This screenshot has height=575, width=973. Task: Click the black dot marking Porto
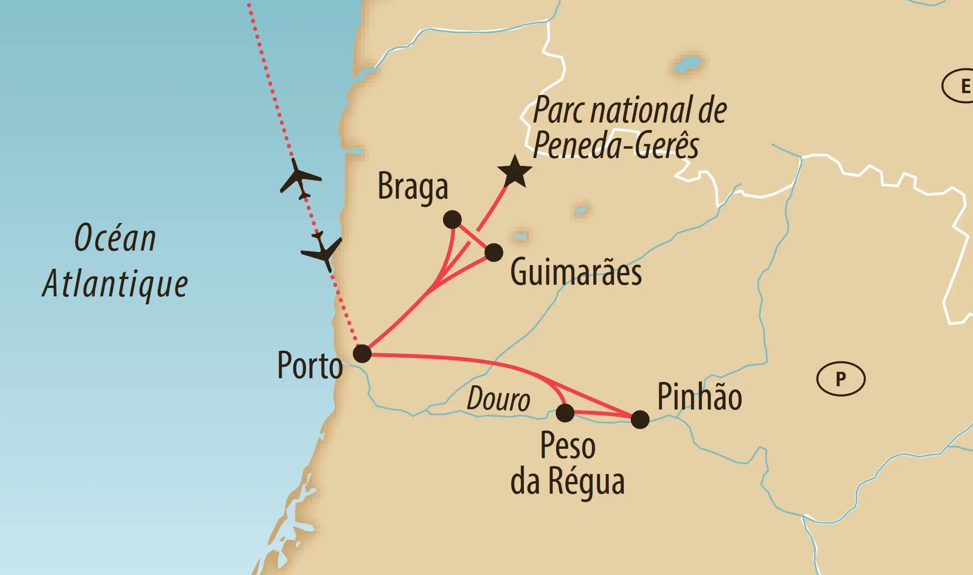[x=362, y=353]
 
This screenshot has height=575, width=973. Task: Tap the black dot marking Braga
[x=452, y=219]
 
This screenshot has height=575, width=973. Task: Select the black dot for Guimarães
[x=494, y=252]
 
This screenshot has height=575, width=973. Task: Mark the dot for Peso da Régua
[x=565, y=413]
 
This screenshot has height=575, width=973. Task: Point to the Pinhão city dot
[x=640, y=419]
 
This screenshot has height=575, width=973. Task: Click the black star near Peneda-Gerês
[x=515, y=172]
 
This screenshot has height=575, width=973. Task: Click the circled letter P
[x=840, y=379]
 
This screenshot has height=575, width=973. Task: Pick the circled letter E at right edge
[x=962, y=86]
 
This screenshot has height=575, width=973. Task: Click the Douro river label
[x=498, y=400]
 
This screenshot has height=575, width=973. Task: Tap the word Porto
[x=310, y=366]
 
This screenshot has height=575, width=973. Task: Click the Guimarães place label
[x=576, y=273]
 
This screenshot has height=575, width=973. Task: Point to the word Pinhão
[x=699, y=397]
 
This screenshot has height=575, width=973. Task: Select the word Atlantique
[x=115, y=284]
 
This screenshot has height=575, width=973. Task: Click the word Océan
[x=115, y=238]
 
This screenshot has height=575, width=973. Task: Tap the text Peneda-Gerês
[x=616, y=145]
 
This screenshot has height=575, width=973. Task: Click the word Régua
[x=586, y=482]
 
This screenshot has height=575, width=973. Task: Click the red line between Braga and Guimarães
[x=472, y=236]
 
